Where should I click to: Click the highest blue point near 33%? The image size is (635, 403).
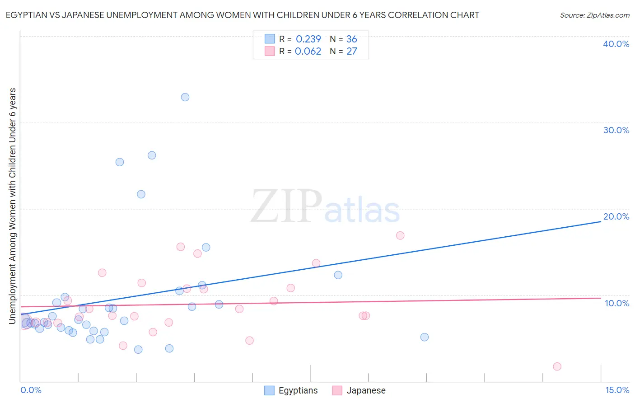(185, 97)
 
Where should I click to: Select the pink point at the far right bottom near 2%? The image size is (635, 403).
(557, 366)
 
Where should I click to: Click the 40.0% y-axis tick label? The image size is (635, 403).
(616, 44)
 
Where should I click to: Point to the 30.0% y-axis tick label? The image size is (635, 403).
(616, 130)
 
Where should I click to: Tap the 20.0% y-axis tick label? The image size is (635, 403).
(616, 216)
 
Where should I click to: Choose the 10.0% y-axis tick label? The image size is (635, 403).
(617, 303)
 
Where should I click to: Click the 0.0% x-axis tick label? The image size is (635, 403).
(31, 390)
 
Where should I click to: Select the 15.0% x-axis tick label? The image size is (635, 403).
(617, 390)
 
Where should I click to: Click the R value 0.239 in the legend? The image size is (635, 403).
(308, 39)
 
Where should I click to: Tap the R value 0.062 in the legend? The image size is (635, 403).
(308, 51)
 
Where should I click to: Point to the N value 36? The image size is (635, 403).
(351, 39)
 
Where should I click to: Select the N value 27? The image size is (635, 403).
(351, 51)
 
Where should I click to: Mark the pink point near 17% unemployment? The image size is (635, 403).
(400, 235)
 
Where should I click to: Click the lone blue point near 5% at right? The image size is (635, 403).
(424, 337)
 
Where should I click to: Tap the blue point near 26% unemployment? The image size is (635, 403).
(152, 155)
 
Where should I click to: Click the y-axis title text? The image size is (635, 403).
(13, 206)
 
